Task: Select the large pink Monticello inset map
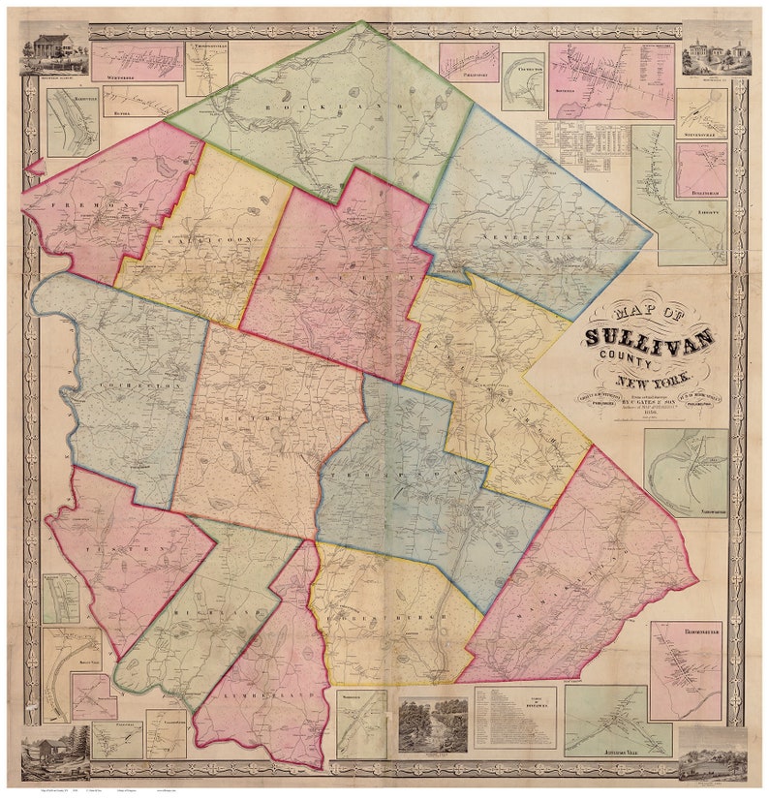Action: coord(611,79)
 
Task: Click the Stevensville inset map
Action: coord(700,114)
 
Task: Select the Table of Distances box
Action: coord(514,718)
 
